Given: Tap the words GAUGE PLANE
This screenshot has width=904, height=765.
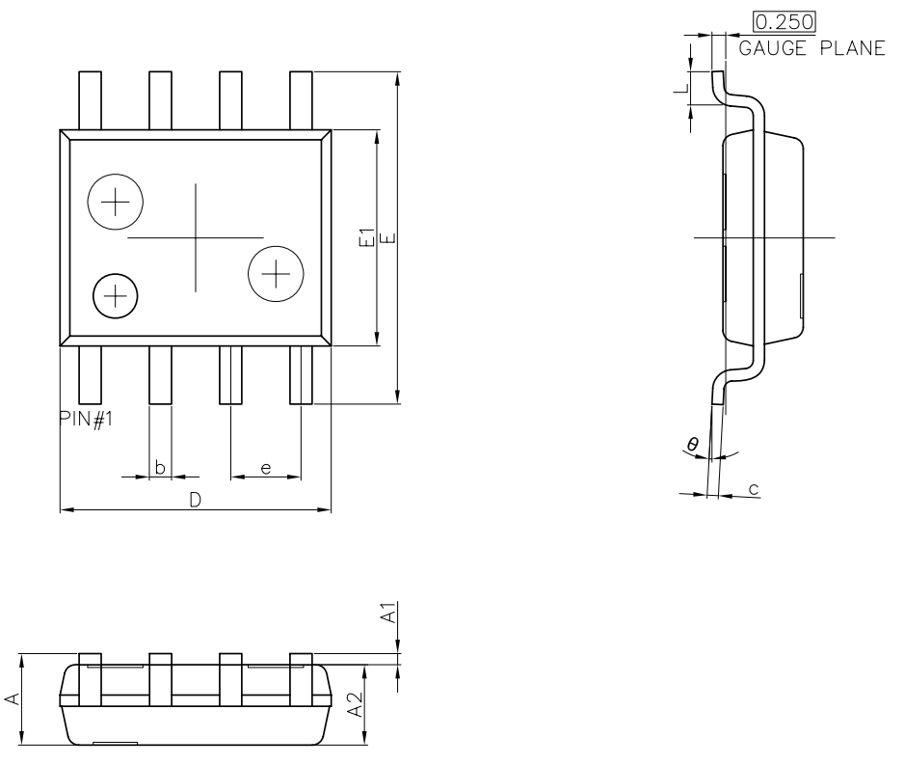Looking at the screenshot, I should click(811, 48).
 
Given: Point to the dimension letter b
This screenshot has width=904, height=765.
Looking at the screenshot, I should click(161, 469).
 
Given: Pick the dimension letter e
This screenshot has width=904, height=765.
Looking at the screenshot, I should click(266, 469).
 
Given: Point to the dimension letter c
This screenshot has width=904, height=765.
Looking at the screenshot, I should click(753, 489).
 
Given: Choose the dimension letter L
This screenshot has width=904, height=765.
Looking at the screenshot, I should click(681, 88).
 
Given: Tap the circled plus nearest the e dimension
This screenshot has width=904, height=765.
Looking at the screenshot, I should click(277, 274).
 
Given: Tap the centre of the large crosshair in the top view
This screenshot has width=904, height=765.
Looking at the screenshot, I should click(195, 237).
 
